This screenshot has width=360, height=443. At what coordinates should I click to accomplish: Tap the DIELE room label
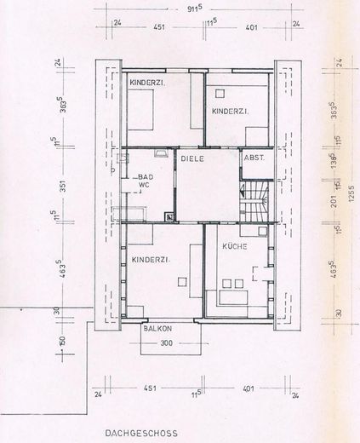(189, 158)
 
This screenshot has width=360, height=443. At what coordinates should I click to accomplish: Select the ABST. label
(254, 158)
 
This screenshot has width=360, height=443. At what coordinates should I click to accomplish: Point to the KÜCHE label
(235, 245)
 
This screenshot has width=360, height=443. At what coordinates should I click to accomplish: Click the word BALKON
(157, 328)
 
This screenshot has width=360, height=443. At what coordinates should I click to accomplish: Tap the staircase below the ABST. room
(256, 202)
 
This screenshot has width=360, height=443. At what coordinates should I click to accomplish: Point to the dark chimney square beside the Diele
(171, 216)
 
